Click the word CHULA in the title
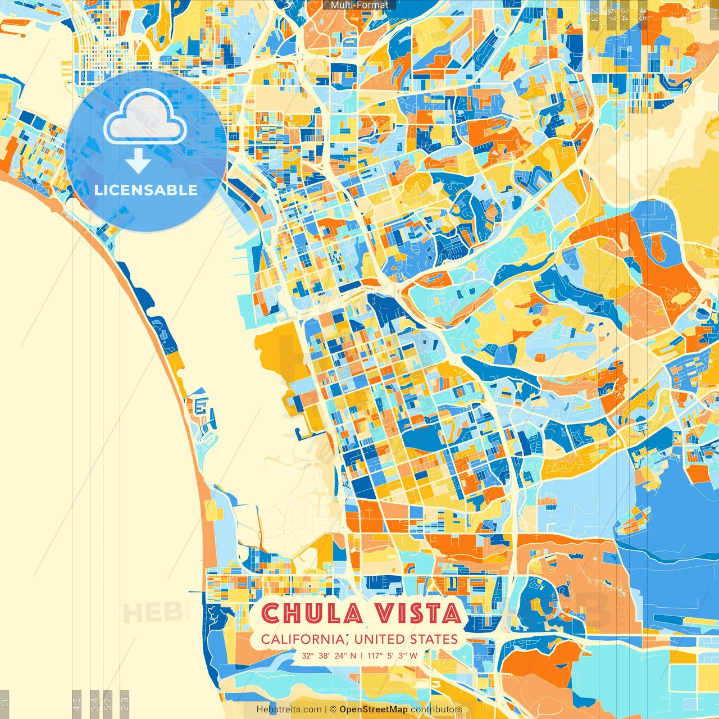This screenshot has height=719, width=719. pyautogui.click(x=312, y=613)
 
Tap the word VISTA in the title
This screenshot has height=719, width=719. pyautogui.click(x=418, y=613)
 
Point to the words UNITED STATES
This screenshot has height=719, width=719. pyautogui.click(x=406, y=639)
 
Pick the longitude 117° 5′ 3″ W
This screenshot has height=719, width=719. pyautogui.click(x=392, y=656)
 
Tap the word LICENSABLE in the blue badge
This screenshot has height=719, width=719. pyautogui.click(x=146, y=190)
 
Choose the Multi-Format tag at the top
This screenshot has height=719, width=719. pyautogui.click(x=359, y=5)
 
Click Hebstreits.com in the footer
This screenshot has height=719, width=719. pyautogui.click(x=289, y=709)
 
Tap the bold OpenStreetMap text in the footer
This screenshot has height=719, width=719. pyautogui.click(x=374, y=709)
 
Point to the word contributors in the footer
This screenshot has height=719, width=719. pyautogui.click(x=436, y=709)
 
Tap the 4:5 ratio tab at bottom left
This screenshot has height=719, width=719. pyautogui.click(x=76, y=704)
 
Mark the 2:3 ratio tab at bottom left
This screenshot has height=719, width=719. pyautogui.click(x=125, y=704)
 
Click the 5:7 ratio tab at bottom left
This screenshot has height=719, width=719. pyautogui.click(x=108, y=704)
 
